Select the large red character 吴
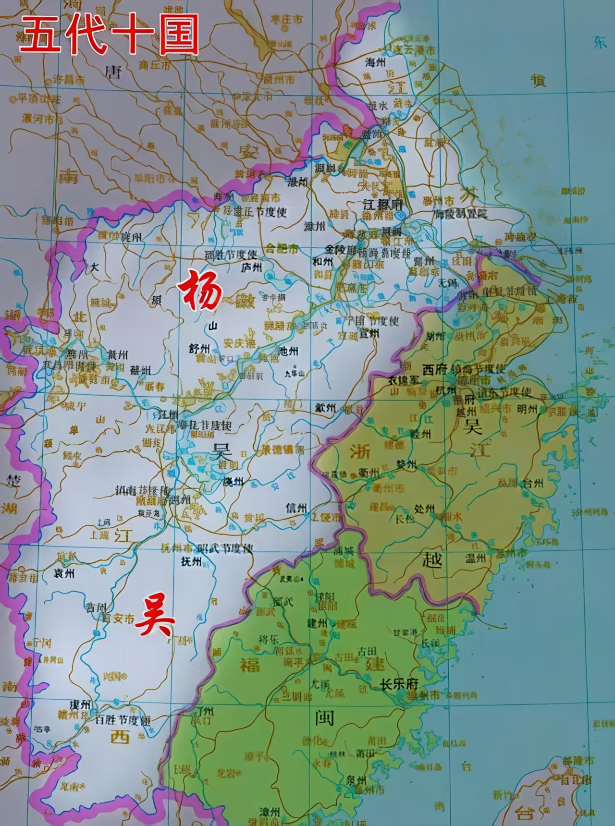coord(155,620)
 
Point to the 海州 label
coord(376,62)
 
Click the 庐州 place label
coord(252,267)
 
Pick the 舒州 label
coord(199,348)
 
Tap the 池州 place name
coord(288,351)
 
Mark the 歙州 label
coord(325,407)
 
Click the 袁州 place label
coord(64,573)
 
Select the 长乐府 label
coord(399,684)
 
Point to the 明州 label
coord(527,409)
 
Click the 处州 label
coord(424,509)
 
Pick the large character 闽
coord(325,718)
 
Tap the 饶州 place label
coord(234,481)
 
